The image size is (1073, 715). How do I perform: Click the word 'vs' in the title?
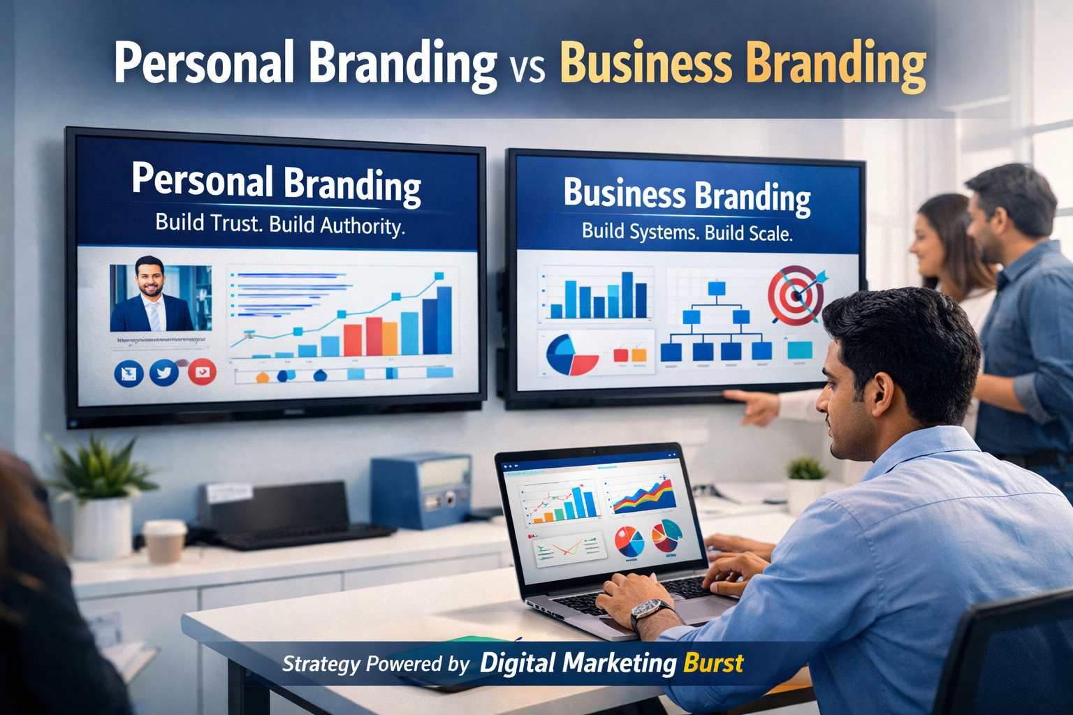pos(527,70)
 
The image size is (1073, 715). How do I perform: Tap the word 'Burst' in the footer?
pos(713,663)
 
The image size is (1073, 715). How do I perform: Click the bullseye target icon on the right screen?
pos(796,295)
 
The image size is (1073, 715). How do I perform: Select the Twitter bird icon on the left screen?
pos(164,373)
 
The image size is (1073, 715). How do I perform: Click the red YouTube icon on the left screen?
pos(202,372)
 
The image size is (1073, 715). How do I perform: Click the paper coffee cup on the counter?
pos(164,540)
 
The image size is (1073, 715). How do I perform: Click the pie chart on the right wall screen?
pos(571,355)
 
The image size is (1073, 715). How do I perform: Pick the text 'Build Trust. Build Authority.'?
pos(280,224)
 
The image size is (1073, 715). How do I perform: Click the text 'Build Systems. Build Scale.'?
pos(687,232)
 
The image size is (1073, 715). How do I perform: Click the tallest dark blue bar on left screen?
pos(444,320)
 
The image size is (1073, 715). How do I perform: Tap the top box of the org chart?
pos(717,288)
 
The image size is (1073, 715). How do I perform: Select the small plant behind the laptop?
pos(807,469)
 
